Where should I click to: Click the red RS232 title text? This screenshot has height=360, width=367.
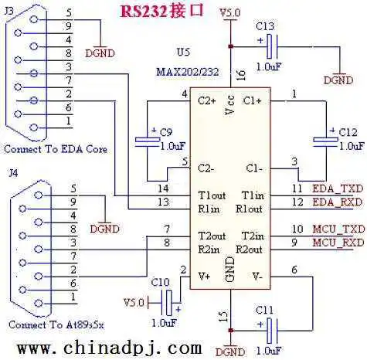coord(162,12)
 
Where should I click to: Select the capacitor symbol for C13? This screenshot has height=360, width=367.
coord(272,46)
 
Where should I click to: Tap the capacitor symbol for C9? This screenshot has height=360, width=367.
coord(148,142)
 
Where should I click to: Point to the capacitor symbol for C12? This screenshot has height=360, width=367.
coord(325,142)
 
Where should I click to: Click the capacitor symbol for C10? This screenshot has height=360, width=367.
coord(166,303)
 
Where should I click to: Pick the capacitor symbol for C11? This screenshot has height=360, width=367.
coord(272,331)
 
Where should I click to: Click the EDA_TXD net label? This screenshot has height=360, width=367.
coord(338,188)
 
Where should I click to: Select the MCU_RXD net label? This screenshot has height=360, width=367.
coord(338,243)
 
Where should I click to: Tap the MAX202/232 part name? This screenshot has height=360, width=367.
coord(188,72)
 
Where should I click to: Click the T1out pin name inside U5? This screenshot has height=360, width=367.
coord(212,195)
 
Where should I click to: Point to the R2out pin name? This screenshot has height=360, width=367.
coord(249,250)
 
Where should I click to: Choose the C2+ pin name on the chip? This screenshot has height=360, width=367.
coord(206,100)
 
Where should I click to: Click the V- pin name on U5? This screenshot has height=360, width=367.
coord(257,277)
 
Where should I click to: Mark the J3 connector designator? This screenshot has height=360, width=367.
coord(9,11)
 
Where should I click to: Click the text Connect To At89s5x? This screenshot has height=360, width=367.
coord(56,324)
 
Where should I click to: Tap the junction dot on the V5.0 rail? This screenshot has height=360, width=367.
coord(231,46)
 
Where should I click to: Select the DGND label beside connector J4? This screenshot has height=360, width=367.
coord(105,229)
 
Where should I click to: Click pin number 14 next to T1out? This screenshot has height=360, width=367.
coord(163,188)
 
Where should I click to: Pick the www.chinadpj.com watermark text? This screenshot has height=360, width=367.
coord(110,348)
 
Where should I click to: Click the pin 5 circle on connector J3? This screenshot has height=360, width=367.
coord(34,19)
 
